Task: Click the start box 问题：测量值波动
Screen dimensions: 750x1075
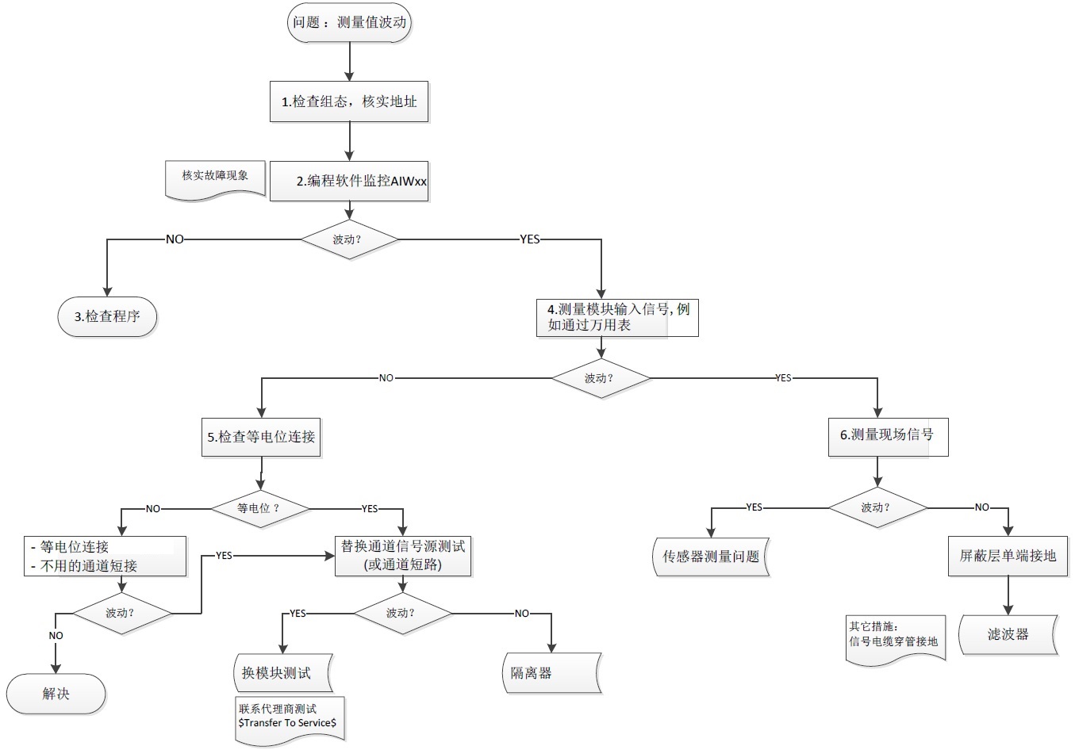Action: tap(349, 22)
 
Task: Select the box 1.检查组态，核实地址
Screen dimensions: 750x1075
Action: tap(349, 101)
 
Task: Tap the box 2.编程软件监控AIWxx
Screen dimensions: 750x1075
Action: tap(349, 181)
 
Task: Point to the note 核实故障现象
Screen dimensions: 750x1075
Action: tap(215, 177)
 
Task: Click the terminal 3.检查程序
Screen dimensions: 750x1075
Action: tap(107, 316)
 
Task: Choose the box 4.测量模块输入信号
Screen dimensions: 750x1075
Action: tap(618, 317)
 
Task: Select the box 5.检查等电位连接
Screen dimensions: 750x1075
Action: tap(261, 437)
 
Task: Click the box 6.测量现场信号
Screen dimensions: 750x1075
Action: tap(888, 435)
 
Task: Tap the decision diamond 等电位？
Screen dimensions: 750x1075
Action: tap(259, 508)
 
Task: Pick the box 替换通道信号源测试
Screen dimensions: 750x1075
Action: tap(403, 556)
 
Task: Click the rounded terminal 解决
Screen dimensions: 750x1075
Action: tap(56, 694)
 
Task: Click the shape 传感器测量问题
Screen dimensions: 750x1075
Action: tap(711, 557)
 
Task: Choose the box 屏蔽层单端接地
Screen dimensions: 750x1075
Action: tap(1008, 556)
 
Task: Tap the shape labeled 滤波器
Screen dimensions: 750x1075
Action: tap(1008, 634)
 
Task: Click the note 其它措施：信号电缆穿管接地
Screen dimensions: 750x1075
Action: tap(894, 635)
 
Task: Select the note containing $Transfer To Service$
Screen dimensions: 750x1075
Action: tap(290, 717)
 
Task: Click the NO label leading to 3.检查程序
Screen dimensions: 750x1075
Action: tap(175, 239)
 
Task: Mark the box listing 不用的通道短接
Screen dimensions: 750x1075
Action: tap(105, 556)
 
